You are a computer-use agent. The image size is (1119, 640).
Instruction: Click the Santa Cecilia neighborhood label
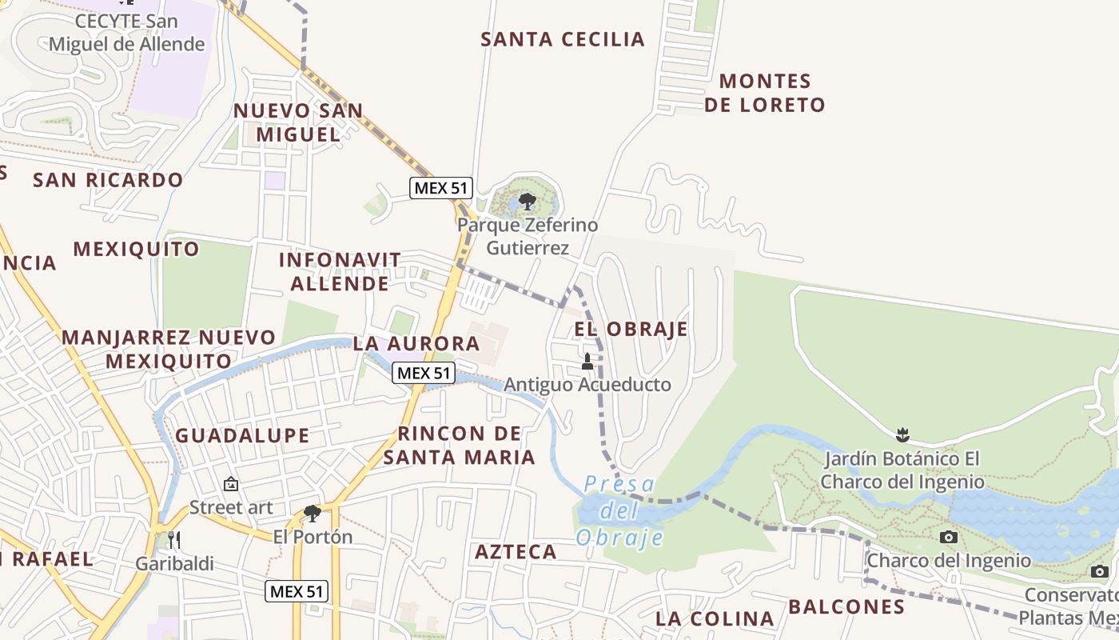click(x=562, y=39)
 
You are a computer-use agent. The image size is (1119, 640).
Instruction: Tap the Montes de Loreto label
click(x=765, y=93)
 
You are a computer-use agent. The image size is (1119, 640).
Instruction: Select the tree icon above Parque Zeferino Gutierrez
click(x=527, y=201)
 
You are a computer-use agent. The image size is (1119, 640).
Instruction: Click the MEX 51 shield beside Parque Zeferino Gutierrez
click(x=441, y=188)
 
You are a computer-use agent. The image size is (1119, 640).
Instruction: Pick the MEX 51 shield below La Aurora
click(x=424, y=372)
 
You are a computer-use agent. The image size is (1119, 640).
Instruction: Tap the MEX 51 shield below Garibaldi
click(x=297, y=591)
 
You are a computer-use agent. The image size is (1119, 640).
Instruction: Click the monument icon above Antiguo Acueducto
click(x=587, y=362)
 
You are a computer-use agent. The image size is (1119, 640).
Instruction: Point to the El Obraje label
click(x=631, y=329)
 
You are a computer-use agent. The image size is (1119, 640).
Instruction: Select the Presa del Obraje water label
click(x=619, y=510)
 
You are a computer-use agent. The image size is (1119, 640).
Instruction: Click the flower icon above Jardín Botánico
click(x=903, y=436)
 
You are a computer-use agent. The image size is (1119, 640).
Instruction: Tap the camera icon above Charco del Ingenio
click(x=949, y=537)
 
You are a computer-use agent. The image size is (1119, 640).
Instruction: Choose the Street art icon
click(x=231, y=484)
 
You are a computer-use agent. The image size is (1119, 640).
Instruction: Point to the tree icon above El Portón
click(x=313, y=513)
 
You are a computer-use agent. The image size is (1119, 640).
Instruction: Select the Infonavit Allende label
click(x=340, y=271)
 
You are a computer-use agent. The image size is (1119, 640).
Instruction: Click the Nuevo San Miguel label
click(x=298, y=122)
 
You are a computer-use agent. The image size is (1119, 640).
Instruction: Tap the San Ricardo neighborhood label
click(x=108, y=180)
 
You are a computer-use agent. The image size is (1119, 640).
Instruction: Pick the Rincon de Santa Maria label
click(x=460, y=446)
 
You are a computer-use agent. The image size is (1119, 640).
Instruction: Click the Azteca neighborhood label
click(x=516, y=552)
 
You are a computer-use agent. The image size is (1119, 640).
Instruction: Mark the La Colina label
click(x=715, y=618)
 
